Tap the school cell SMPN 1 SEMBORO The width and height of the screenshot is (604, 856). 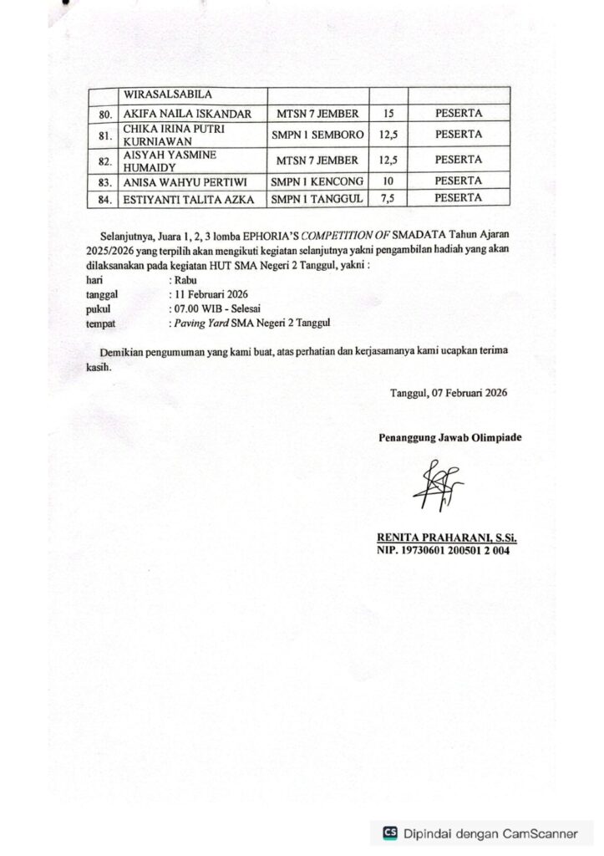(x=317, y=135)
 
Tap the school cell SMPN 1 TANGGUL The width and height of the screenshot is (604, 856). (x=317, y=198)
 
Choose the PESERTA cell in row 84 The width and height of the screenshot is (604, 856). (x=458, y=198)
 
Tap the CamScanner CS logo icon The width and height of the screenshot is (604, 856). (x=389, y=833)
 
